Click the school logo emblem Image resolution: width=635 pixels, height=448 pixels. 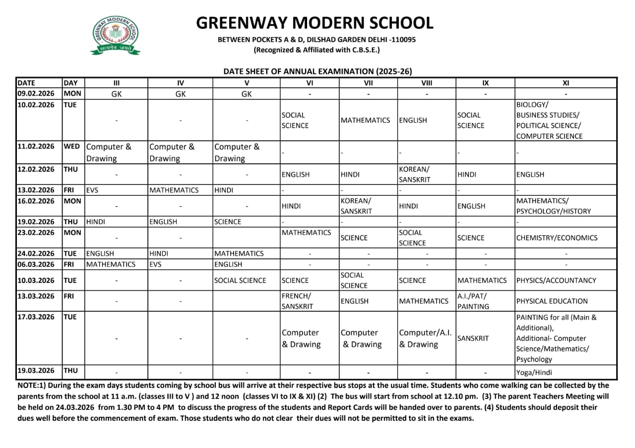tap(115, 35)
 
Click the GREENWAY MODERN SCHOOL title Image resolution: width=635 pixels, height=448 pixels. tap(315, 23)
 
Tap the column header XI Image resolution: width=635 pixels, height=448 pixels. tap(566, 83)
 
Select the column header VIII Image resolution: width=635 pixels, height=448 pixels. tap(426, 83)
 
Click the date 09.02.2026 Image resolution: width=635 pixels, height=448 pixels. tap(36, 93)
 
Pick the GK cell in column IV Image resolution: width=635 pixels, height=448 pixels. tap(180, 94)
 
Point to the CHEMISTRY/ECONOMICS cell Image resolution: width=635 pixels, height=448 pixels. tap(557, 238)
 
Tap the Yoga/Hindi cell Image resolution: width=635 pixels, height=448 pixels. tap(534, 373)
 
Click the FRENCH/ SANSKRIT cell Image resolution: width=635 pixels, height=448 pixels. tap(297, 301)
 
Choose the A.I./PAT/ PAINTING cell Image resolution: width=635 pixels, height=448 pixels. tap(473, 301)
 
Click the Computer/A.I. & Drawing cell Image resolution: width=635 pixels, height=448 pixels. tap(425, 338)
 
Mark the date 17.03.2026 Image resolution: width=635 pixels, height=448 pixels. tap(36, 317)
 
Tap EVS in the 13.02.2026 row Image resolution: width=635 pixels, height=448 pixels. tap(92, 190)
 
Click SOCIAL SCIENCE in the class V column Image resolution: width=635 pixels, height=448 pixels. tap(240, 280)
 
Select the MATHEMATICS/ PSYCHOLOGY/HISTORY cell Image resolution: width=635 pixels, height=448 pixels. tap(553, 206)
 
